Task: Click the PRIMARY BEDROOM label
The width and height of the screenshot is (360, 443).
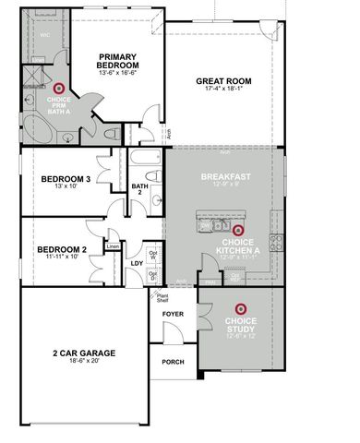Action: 118,62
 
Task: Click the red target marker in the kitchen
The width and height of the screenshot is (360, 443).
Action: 237,230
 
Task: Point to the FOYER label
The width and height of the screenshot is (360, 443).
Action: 174,314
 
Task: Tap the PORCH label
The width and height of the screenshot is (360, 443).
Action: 174,362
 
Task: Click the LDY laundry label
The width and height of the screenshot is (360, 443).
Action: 136,263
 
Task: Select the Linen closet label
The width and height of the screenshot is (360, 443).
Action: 114,245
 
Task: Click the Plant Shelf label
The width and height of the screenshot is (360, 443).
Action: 162,297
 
